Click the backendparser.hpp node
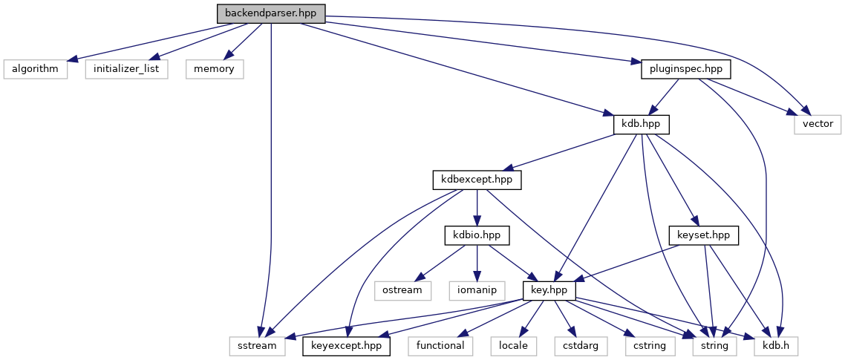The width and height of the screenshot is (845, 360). [271, 13]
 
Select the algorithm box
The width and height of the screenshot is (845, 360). [36, 69]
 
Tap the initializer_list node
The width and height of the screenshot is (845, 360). [126, 69]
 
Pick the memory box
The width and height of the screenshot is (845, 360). [215, 69]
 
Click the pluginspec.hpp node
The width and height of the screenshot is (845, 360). [685, 69]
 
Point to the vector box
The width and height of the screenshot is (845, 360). [817, 124]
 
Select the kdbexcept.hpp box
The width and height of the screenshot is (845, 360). [477, 180]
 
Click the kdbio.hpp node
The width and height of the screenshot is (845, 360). [477, 235]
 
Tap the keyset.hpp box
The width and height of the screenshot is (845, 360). [704, 235]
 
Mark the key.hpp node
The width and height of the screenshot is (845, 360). [549, 290]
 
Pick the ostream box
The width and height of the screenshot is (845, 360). [402, 290]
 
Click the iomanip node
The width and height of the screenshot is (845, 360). [477, 290]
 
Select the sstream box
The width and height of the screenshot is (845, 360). [257, 345]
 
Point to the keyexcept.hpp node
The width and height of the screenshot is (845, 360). [347, 345]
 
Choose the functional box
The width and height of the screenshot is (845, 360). [440, 345]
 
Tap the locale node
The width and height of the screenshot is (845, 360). [514, 345]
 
